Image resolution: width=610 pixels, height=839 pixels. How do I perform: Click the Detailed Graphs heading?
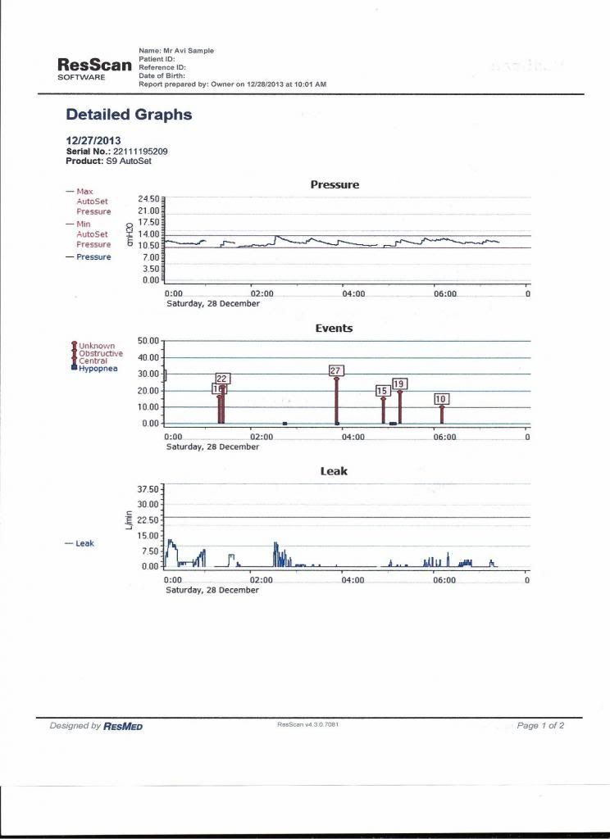click(x=129, y=115)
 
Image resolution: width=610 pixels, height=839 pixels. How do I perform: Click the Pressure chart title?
click(x=335, y=185)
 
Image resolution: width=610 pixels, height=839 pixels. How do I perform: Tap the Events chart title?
click(x=334, y=328)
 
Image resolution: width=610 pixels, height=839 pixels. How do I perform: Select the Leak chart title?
click(x=334, y=471)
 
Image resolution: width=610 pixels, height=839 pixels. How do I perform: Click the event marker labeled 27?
click(x=335, y=371)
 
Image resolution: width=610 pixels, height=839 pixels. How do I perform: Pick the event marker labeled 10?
click(x=441, y=399)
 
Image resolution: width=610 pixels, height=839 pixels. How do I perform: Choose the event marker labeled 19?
click(x=399, y=383)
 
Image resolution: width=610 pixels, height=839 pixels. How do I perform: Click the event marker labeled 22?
click(x=222, y=378)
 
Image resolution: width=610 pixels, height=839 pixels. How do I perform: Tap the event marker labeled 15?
click(x=382, y=391)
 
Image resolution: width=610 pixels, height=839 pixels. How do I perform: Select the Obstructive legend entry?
click(x=101, y=353)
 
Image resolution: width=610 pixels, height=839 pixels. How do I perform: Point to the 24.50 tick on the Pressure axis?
click(x=149, y=199)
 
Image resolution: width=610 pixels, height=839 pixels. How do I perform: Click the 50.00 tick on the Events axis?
click(x=149, y=341)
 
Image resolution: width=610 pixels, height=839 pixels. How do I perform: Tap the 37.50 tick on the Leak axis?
click(x=149, y=488)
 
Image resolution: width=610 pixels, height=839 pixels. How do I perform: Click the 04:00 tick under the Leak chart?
click(x=353, y=580)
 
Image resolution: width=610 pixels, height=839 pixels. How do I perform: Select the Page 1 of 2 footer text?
click(x=540, y=726)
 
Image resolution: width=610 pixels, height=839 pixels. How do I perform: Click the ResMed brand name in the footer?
click(x=123, y=726)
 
